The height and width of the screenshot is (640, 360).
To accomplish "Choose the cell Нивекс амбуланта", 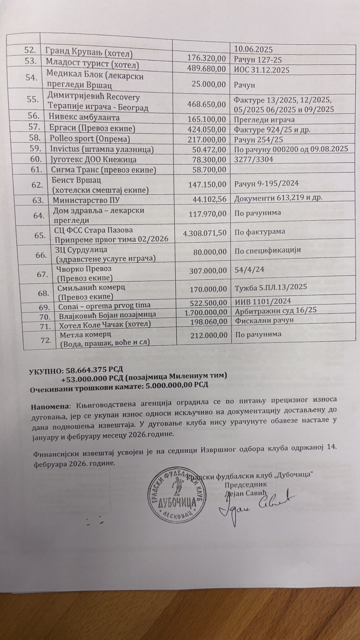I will [x=84, y=118].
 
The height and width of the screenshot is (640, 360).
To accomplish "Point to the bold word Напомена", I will [x=49, y=407].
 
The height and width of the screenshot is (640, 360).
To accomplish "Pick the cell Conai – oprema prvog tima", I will [x=104, y=305].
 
